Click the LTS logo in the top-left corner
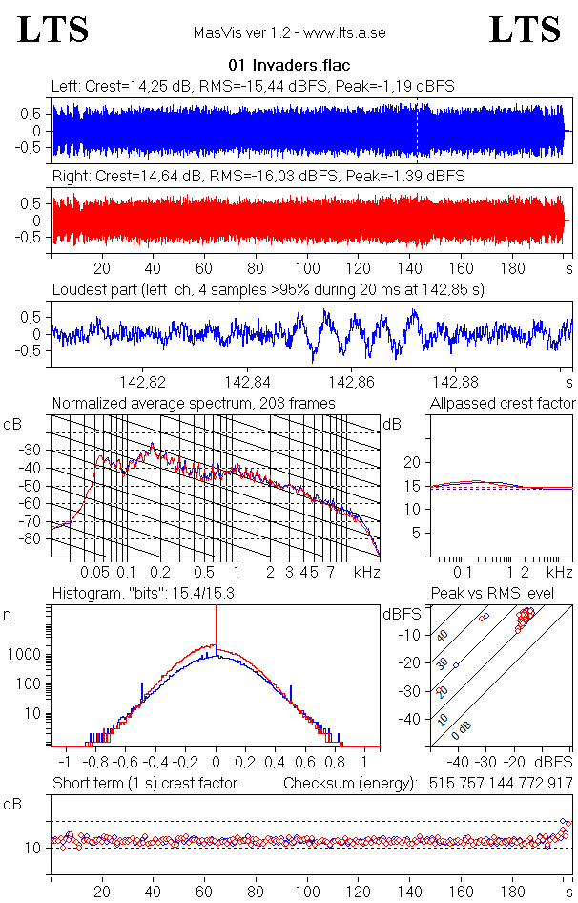click(x=53, y=30)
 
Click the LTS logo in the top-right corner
click(x=525, y=30)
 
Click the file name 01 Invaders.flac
click(x=289, y=66)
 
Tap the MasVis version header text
click(x=289, y=33)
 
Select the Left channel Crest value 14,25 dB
click(x=145, y=86)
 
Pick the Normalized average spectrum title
click(x=194, y=404)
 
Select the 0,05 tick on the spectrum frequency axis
click(x=95, y=572)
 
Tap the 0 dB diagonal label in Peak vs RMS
click(x=464, y=727)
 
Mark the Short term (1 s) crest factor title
click(x=144, y=784)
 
